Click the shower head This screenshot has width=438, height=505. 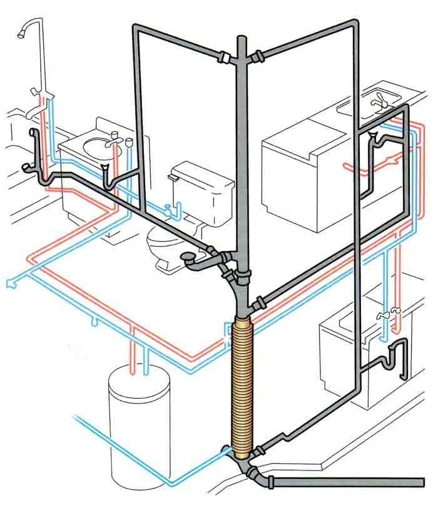tap(26, 28)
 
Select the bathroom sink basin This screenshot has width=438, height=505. tap(91, 147)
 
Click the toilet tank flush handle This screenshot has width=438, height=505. tap(172, 178)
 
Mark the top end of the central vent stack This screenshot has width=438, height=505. tap(242, 40)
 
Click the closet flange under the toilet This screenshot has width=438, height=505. tap(188, 256)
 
